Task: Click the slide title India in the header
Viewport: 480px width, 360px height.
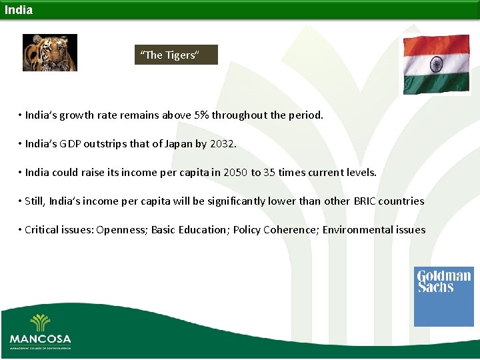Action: click(x=18, y=10)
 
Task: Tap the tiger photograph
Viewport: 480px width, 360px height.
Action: click(x=50, y=53)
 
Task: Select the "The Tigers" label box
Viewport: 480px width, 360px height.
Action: click(x=176, y=55)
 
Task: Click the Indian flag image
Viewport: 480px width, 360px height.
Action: click(x=437, y=65)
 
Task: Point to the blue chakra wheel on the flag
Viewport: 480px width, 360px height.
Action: click(x=437, y=65)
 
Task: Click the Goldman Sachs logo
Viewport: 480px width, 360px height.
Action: click(x=443, y=296)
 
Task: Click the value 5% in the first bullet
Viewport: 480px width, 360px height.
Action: click(x=201, y=115)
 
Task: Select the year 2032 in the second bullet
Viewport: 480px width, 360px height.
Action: click(x=223, y=143)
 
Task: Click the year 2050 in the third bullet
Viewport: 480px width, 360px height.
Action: click(x=235, y=172)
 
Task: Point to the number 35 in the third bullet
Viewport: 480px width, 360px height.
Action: click(x=269, y=172)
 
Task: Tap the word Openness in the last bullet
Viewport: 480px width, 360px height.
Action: click(x=121, y=229)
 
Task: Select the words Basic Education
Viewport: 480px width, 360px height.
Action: click(x=189, y=229)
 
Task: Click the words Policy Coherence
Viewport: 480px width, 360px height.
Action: click(x=275, y=229)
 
